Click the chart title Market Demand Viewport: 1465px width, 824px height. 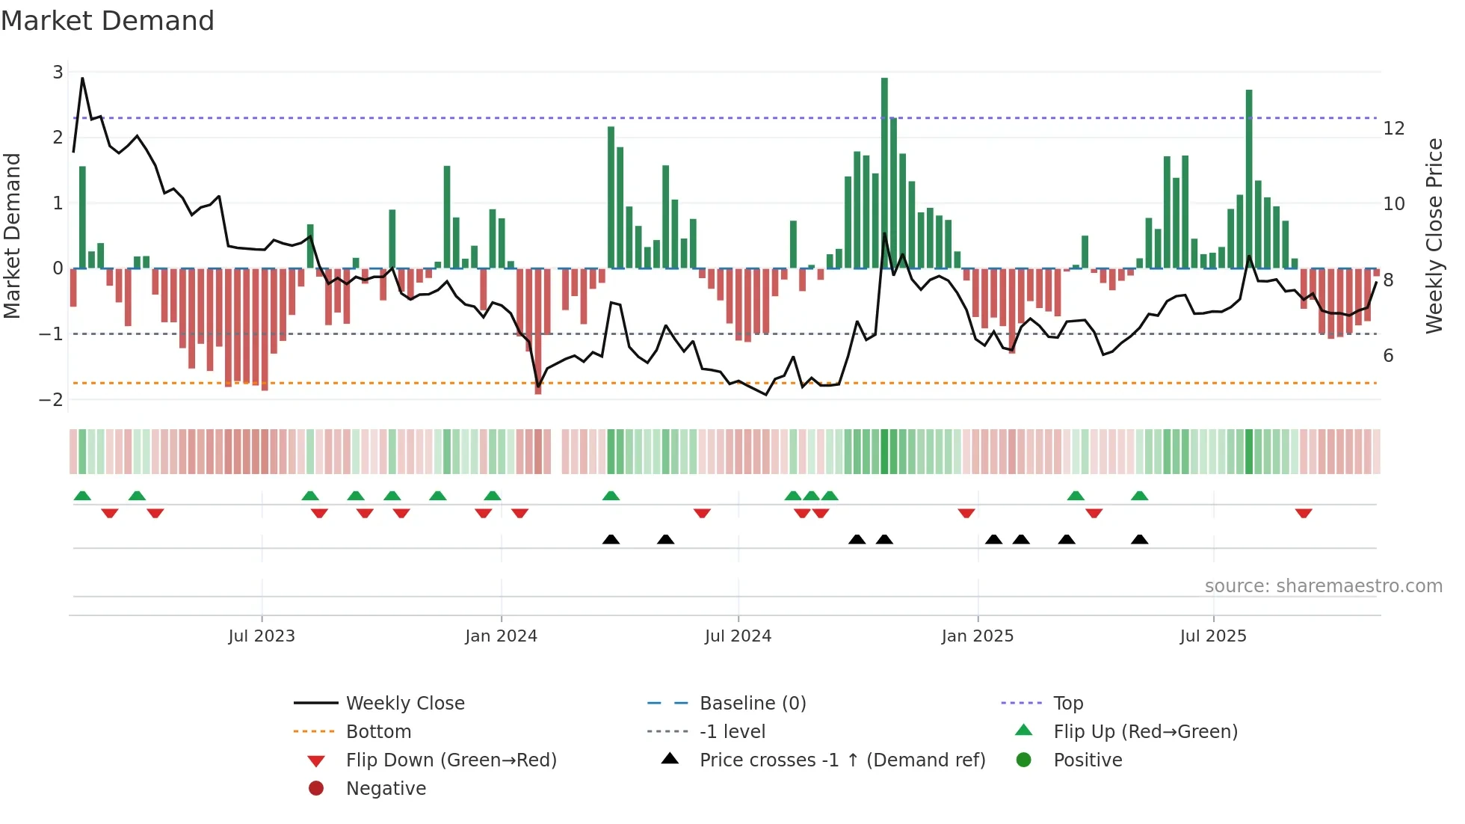(108, 21)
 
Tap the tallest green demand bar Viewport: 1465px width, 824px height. (884, 172)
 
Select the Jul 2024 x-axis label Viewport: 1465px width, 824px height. (738, 636)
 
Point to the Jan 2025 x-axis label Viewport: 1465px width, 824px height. (977, 636)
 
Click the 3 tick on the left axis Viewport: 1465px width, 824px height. (58, 73)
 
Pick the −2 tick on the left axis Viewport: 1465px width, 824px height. (52, 399)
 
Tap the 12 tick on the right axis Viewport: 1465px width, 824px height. (1393, 129)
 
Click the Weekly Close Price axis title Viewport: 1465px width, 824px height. (1434, 236)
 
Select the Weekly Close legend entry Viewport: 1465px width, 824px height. (404, 704)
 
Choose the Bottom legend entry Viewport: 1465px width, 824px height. (378, 732)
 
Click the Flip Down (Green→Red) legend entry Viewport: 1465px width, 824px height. (451, 760)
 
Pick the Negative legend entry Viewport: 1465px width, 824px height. (386, 789)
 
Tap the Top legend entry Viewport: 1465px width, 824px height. (1067, 704)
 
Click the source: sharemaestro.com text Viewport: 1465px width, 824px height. (1323, 586)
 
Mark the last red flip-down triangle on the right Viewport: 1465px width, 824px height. (1304, 513)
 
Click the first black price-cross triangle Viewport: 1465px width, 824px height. (611, 539)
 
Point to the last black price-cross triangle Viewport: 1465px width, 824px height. (1139, 539)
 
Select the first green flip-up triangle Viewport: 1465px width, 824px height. (82, 496)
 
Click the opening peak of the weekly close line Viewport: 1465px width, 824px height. (82, 78)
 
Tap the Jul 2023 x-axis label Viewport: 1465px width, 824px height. (262, 636)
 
